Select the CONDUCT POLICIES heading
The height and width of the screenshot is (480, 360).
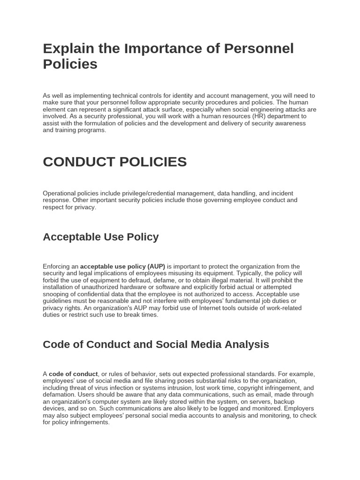coord(114,162)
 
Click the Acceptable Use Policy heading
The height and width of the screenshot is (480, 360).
coord(101,237)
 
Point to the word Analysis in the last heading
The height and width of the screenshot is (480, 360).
coord(246,345)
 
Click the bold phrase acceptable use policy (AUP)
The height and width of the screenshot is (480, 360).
coord(122,266)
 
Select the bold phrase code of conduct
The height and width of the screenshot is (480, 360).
coord(74,374)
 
